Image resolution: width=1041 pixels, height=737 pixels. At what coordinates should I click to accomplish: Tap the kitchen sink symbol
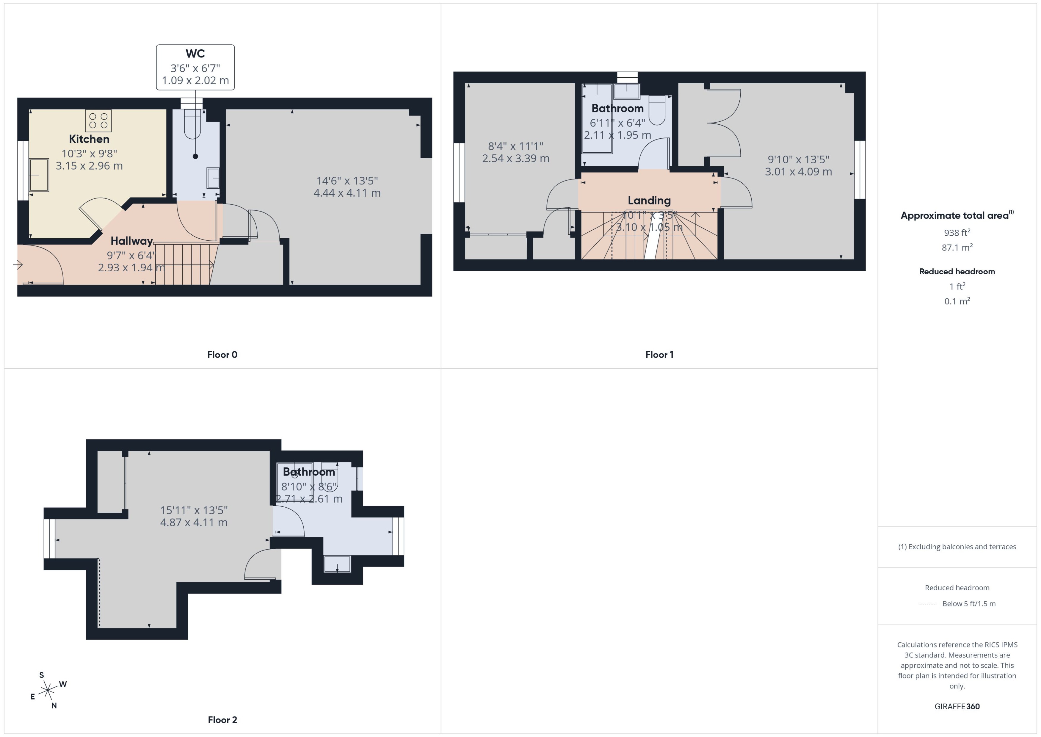click(39, 175)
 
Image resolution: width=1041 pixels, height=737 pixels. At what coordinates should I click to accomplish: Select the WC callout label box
click(195, 67)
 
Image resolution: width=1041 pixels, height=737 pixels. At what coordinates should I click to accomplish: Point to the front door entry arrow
click(18, 265)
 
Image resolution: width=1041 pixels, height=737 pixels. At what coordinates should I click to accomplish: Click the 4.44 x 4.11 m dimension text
click(347, 193)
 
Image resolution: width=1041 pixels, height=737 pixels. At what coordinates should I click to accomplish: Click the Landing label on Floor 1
click(649, 200)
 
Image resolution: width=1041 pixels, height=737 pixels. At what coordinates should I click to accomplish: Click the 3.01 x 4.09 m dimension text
click(798, 172)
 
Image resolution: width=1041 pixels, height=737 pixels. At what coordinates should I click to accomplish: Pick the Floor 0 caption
click(222, 354)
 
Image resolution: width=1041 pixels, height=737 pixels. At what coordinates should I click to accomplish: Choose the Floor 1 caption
click(659, 354)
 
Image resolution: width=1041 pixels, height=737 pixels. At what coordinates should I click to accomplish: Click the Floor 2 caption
click(222, 720)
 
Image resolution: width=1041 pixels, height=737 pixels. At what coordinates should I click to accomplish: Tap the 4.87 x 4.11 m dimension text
click(194, 522)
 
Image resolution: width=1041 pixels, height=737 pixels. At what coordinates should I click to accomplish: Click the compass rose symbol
click(48, 691)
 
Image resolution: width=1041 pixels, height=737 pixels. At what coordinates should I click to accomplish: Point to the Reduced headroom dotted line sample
click(928, 604)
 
